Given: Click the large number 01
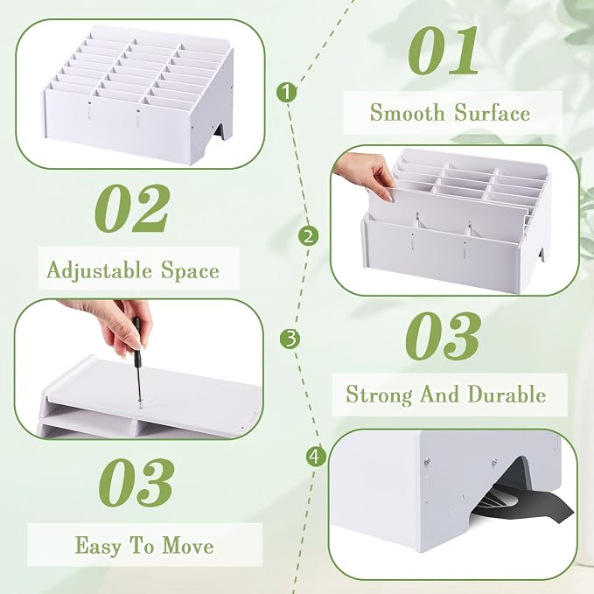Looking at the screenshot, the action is click(x=443, y=50).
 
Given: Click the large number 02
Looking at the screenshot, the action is click(x=131, y=208).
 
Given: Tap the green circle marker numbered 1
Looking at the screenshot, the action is click(x=286, y=92).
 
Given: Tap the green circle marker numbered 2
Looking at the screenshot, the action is click(x=308, y=236).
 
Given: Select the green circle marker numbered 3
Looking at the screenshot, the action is click(x=290, y=339).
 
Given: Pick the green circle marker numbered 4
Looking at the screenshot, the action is click(x=316, y=457).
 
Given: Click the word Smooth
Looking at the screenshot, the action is click(x=408, y=113).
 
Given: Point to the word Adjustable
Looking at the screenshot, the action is click(x=99, y=271).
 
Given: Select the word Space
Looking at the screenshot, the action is click(x=190, y=271).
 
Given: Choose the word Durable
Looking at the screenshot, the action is click(x=507, y=394).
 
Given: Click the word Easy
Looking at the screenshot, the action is click(x=97, y=546).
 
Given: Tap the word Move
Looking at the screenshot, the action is click(x=188, y=546).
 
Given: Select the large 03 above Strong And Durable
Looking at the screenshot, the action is click(x=443, y=336).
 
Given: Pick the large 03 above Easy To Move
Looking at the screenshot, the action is click(x=136, y=483).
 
